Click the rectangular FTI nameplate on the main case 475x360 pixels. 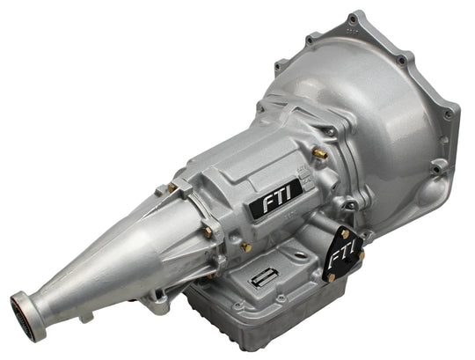[x=275, y=198]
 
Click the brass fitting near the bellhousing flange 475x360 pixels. [x=320, y=154]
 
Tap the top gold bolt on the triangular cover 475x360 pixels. [x=345, y=234]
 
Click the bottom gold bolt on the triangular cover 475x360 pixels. [x=331, y=277]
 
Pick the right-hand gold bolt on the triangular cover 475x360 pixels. [x=362, y=254]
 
